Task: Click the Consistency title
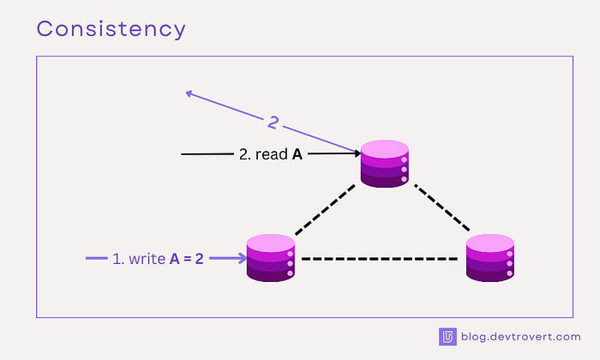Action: [111, 28]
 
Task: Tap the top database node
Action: [385, 162]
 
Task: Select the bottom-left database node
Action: [271, 257]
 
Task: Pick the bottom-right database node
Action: [490, 257]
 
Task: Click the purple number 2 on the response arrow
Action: [273, 123]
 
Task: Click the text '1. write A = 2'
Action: [158, 257]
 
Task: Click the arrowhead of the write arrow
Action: [241, 257]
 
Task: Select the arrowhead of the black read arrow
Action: [354, 154]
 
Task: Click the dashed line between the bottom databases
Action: [381, 258]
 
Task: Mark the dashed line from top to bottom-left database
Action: [324, 210]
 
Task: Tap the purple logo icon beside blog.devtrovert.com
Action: [447, 337]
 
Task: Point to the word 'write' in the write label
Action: [148, 257]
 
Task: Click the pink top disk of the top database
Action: [385, 147]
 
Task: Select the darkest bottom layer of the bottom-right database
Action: [490, 273]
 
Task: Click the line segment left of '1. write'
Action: [96, 257]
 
